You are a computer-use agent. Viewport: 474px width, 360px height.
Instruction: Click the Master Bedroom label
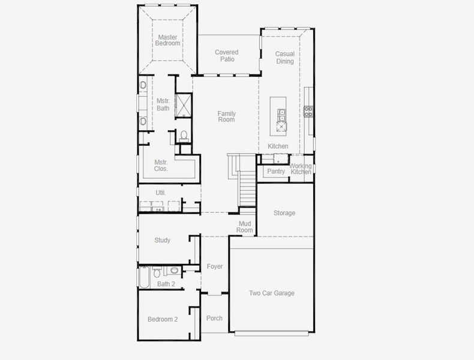[167, 40]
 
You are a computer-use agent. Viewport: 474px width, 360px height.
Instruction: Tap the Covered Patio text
[227, 56]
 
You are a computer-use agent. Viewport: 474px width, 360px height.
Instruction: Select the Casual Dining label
[285, 58]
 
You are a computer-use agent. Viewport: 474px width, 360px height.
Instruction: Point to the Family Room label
[226, 116]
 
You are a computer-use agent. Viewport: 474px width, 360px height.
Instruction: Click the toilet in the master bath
[184, 135]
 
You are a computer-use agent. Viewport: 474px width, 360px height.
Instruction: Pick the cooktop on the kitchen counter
[308, 110]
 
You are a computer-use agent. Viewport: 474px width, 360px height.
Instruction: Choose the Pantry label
[276, 172]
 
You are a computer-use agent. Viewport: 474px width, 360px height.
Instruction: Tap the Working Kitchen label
[301, 169]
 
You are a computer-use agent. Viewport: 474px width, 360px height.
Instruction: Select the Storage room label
[284, 213]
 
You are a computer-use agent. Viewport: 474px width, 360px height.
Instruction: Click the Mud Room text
[245, 227]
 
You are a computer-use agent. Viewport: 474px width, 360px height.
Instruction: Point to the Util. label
[161, 193]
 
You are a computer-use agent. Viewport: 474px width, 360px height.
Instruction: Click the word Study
[163, 240]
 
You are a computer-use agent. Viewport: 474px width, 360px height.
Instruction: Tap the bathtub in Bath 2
[145, 277]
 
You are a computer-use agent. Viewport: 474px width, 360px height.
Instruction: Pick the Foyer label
[215, 266]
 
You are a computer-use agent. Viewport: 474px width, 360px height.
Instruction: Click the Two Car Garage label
[272, 293]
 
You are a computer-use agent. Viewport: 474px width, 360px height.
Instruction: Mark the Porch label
[214, 318]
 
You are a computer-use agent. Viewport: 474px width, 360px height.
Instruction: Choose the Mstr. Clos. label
[161, 165]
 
